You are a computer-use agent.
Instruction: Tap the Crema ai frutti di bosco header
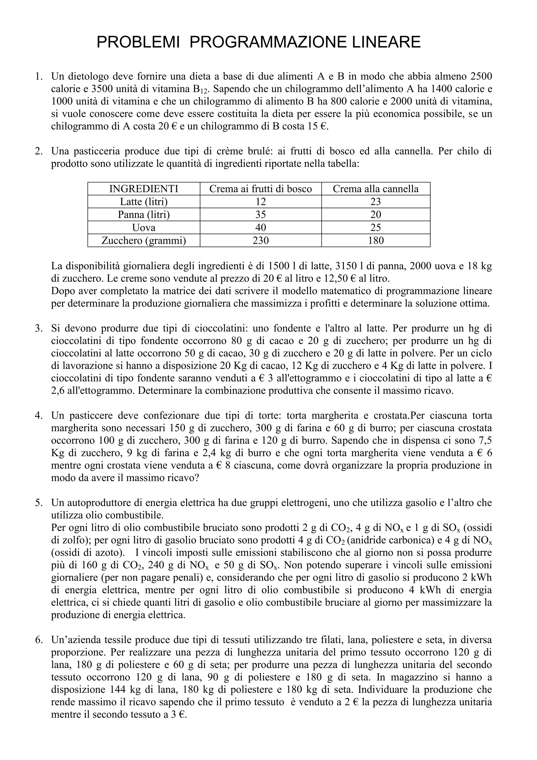click(261, 189)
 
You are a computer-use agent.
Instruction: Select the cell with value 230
click(261, 240)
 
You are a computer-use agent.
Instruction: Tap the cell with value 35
click(261, 214)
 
